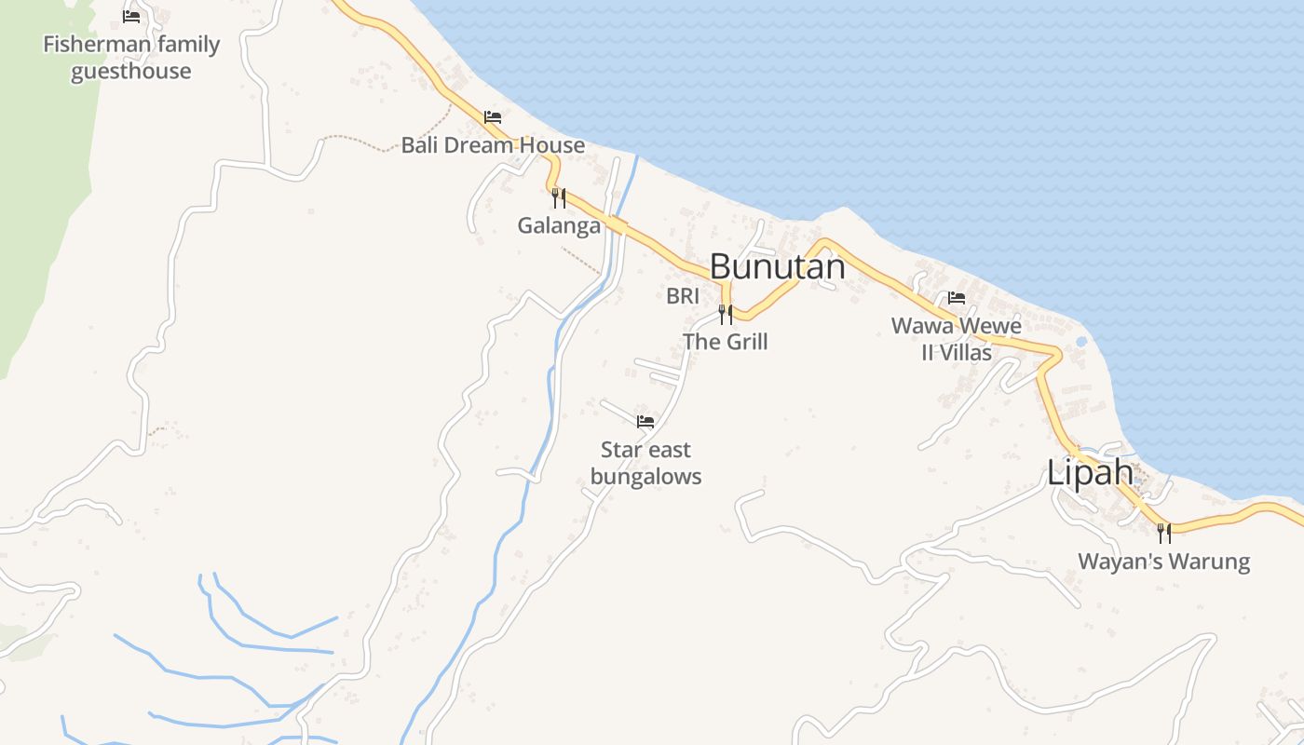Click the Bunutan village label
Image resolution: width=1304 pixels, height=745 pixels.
(777, 266)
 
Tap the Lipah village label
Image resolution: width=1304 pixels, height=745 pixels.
(1090, 472)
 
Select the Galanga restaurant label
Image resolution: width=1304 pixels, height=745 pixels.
(559, 224)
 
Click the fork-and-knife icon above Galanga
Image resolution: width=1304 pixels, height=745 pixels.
(559, 197)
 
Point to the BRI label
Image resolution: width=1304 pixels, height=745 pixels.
(682, 296)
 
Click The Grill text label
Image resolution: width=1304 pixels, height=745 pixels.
(726, 342)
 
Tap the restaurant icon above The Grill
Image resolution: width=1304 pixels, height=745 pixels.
(726, 314)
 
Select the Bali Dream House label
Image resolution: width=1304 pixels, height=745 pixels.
(493, 145)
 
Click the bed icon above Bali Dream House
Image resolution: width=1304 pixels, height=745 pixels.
(493, 117)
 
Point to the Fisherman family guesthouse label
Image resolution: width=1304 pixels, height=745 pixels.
(131, 58)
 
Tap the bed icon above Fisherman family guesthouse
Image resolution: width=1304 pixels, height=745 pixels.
(131, 17)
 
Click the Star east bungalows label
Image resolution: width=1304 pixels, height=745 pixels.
(645, 463)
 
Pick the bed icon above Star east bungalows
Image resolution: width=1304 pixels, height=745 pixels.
(645, 422)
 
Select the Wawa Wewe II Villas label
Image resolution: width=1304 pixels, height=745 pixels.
(957, 339)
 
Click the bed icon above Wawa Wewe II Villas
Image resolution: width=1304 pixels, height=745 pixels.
(957, 298)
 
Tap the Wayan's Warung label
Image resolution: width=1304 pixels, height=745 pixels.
(1163, 562)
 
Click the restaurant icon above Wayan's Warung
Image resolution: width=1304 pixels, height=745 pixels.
(1163, 533)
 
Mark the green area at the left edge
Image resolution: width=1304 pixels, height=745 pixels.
(37, 186)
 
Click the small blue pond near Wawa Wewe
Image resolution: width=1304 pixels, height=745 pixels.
(1080, 342)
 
